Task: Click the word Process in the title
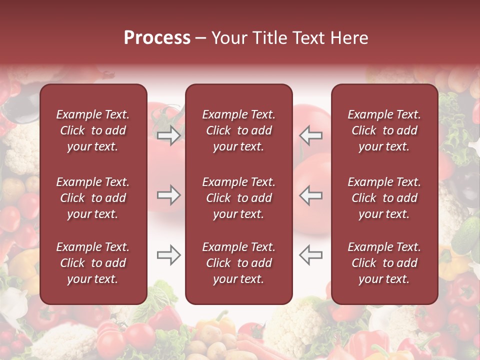pos(157,38)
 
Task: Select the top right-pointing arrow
pos(169,135)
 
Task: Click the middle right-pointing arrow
pos(169,195)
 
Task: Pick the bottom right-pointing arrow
pos(169,255)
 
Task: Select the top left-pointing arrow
pos(310,135)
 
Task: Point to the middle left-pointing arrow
pos(310,195)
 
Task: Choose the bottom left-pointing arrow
pos(310,255)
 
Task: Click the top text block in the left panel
pos(93,130)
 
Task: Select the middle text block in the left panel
pos(93,198)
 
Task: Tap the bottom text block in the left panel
pos(93,263)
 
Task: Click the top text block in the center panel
pos(238,130)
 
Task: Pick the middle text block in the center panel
pos(238,198)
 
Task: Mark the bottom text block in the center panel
pos(238,263)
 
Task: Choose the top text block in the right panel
pos(384,130)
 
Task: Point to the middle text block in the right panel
pos(384,198)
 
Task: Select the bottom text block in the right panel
pos(384,263)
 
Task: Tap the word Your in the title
pos(229,38)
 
